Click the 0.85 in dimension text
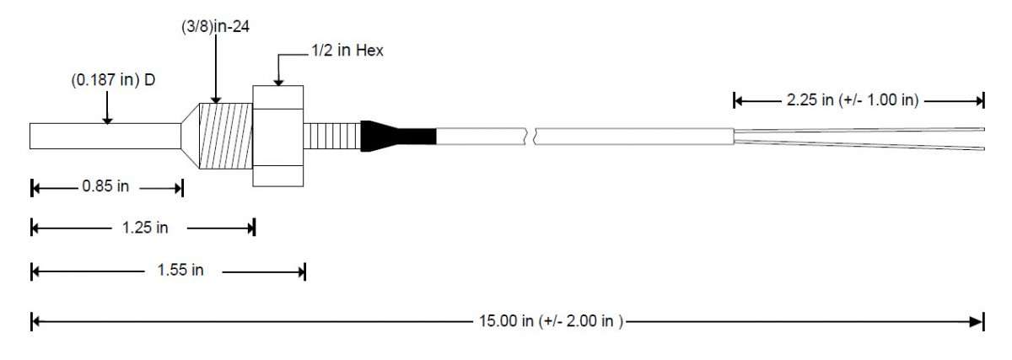tap(105, 187)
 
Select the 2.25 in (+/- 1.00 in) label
tap(852, 100)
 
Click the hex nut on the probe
tap(277, 135)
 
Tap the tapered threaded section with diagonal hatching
tap(223, 135)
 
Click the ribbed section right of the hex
tap(331, 136)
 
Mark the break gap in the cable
tap(533, 135)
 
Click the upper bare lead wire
tap(860, 130)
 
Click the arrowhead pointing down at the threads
tap(216, 98)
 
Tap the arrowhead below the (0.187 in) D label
tap(107, 120)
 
